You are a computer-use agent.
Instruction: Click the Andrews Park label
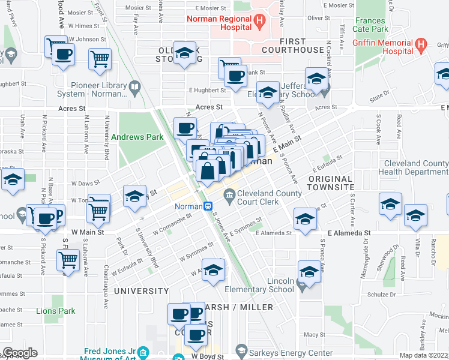[137, 137]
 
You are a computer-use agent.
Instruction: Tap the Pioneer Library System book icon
[135, 89]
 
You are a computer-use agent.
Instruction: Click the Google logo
[20, 353]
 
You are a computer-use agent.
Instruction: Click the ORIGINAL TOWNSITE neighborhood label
[331, 183]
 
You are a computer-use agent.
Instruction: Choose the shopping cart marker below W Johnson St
[100, 59]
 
